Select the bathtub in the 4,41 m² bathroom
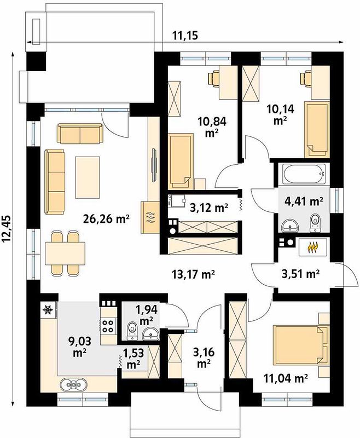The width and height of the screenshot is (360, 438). click(304, 174)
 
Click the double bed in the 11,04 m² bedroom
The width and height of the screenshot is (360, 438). click(301, 345)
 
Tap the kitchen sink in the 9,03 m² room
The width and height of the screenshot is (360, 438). click(73, 385)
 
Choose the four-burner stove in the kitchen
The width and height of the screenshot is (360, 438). click(108, 326)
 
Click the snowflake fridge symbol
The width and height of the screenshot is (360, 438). click(48, 309)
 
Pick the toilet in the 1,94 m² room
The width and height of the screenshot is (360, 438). click(132, 331)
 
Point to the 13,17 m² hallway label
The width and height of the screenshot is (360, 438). click(193, 275)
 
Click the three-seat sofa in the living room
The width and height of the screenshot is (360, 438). click(55, 182)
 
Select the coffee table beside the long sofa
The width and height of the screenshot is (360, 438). click(88, 177)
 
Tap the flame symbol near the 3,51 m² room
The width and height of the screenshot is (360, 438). click(313, 247)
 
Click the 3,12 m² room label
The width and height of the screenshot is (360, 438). click(209, 208)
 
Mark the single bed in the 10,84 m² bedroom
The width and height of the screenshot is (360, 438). click(181, 160)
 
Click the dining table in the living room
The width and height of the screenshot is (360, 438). click(65, 253)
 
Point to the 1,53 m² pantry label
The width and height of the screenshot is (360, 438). click(133, 359)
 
